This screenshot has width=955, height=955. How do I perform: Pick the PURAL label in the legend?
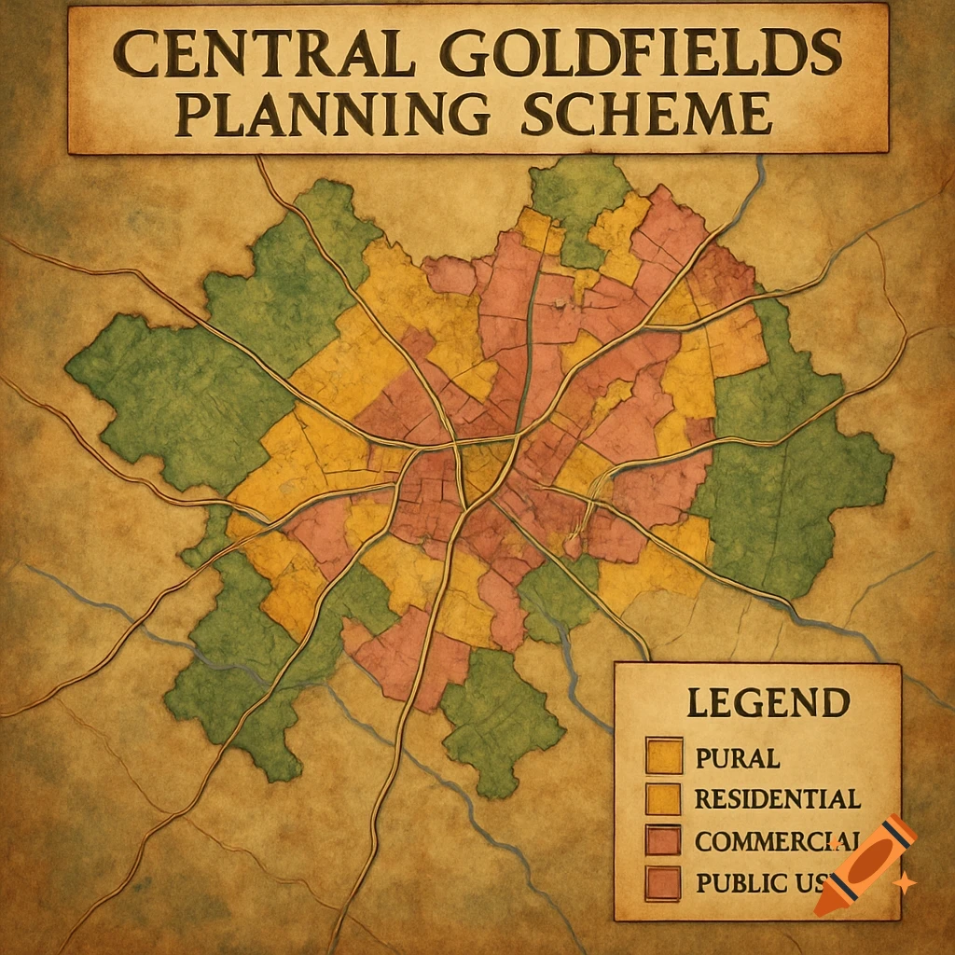coord(737,757)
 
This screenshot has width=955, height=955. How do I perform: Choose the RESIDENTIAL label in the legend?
coord(776,798)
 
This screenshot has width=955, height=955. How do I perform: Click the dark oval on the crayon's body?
coord(868,857)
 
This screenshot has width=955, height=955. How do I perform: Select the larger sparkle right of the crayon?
coord(903,881)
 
